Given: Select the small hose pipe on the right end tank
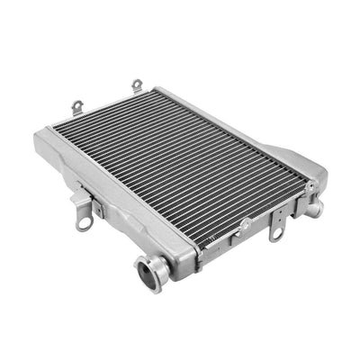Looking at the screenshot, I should [x=315, y=208].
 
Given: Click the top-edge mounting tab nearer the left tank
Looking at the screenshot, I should [x=78, y=107].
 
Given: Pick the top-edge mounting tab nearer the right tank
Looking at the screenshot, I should [x=138, y=85].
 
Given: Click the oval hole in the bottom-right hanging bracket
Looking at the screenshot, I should [x=276, y=233].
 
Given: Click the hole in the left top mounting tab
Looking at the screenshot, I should [x=77, y=104].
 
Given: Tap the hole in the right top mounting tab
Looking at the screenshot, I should [x=138, y=84].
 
